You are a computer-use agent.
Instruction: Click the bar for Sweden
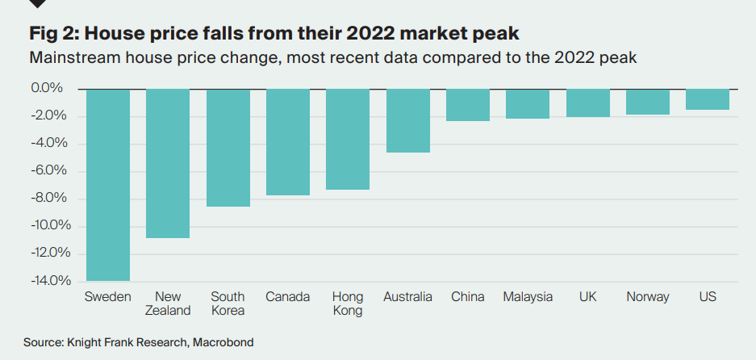tap(108, 184)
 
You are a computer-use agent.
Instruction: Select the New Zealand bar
tap(168, 163)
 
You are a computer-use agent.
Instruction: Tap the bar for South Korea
tap(228, 148)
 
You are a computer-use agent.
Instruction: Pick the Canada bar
tap(288, 142)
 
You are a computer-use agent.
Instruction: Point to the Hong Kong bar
tap(348, 139)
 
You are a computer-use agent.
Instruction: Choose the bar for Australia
tap(408, 120)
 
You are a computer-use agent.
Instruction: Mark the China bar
tap(468, 105)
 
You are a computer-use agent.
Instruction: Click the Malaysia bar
tap(528, 103)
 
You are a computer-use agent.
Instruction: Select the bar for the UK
tap(588, 103)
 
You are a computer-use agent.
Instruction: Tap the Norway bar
tap(648, 102)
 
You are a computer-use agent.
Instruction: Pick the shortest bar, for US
tap(708, 99)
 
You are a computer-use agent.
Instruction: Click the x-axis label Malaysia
tap(528, 297)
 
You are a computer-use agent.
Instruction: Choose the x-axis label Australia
tap(408, 297)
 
